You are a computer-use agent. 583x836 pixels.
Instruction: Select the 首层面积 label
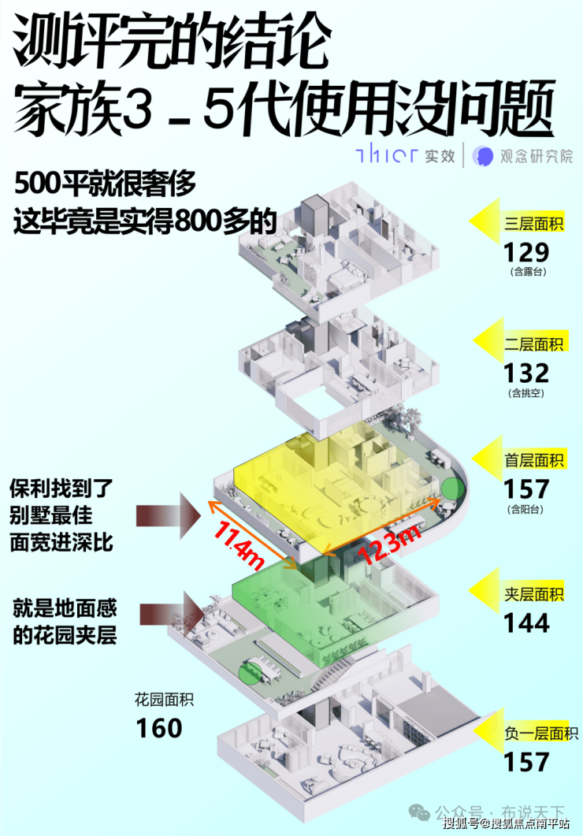point(535,460)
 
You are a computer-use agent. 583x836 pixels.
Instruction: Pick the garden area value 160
point(159,727)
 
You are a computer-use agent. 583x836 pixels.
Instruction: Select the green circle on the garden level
point(250,671)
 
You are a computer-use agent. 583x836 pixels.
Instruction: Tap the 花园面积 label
point(164,699)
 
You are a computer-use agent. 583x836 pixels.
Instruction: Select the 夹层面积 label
point(535,595)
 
